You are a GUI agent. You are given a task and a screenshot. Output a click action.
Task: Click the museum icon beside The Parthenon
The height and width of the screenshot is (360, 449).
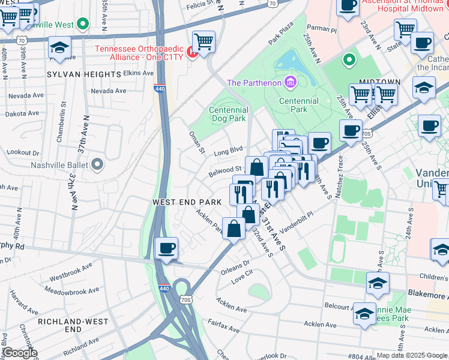click(x=291, y=82)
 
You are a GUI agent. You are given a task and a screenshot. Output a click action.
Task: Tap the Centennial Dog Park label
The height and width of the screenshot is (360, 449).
click(x=228, y=114)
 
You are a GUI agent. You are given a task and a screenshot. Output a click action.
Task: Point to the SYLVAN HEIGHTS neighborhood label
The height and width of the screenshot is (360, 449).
click(x=84, y=74)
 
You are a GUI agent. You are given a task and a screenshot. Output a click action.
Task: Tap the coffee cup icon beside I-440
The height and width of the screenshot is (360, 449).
click(x=166, y=248)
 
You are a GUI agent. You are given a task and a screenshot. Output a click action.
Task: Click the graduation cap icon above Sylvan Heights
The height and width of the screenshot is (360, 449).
click(x=59, y=47)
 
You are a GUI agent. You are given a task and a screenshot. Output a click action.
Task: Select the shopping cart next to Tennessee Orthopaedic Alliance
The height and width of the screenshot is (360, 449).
click(x=204, y=42)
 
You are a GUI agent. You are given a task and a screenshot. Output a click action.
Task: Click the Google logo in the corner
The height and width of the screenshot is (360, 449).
click(x=19, y=353)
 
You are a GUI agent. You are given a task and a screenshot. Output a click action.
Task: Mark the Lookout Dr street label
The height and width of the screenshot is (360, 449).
click(x=23, y=153)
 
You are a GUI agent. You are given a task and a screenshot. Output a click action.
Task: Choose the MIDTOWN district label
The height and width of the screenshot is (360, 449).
click(x=379, y=81)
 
